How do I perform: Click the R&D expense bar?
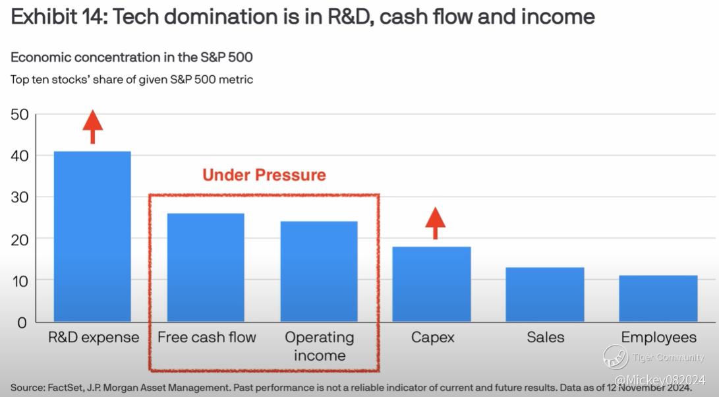pyautogui.click(x=92, y=236)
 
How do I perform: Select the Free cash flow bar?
pyautogui.click(x=206, y=268)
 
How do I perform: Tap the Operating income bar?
pyautogui.click(x=319, y=272)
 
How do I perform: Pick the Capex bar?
pyautogui.click(x=432, y=284)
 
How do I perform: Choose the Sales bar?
pyautogui.click(x=545, y=295)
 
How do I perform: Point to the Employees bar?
pyautogui.click(x=658, y=298)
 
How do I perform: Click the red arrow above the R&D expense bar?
pyautogui.click(x=93, y=127)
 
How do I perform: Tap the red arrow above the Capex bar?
pyautogui.click(x=435, y=224)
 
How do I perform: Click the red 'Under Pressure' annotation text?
pyautogui.click(x=264, y=175)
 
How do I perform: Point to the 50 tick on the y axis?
pyautogui.click(x=20, y=115)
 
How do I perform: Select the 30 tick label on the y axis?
pyautogui.click(x=20, y=197)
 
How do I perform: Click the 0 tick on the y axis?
pyautogui.click(x=22, y=322)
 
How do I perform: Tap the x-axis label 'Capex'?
pyautogui.click(x=432, y=338)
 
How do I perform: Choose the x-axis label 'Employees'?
pyautogui.click(x=658, y=338)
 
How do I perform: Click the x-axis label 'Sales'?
pyautogui.click(x=545, y=338)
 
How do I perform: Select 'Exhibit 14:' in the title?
pyautogui.click(x=59, y=17)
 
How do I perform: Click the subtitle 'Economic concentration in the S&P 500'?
pyautogui.click(x=132, y=57)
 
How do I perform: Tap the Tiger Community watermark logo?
pyautogui.click(x=616, y=357)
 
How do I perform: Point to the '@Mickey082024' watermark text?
pyautogui.click(x=660, y=380)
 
